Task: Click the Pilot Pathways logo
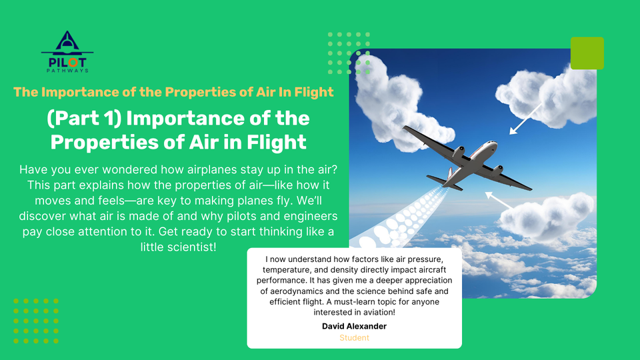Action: click(x=67, y=52)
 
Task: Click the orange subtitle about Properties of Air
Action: click(x=173, y=92)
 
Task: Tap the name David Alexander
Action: click(x=354, y=326)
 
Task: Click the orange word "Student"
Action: click(x=354, y=337)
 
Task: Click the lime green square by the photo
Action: click(x=587, y=53)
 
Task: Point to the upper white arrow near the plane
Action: click(x=526, y=119)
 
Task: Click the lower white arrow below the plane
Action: click(x=499, y=201)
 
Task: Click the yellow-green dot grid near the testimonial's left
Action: click(x=36, y=321)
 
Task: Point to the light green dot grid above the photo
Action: click(x=349, y=53)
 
